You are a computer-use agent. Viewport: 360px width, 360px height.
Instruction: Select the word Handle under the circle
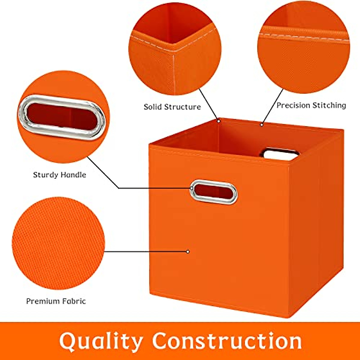tap(73, 175)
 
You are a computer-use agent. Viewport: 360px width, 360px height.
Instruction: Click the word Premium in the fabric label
tap(43, 301)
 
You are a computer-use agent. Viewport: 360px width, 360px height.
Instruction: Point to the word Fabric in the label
tap(74, 301)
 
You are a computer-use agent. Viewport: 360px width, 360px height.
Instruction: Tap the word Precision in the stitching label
tap(293, 105)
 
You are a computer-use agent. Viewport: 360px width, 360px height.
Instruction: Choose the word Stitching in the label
tap(329, 105)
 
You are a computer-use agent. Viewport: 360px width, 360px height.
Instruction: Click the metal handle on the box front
tap(214, 192)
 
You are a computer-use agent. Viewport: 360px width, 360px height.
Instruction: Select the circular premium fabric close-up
tap(58, 243)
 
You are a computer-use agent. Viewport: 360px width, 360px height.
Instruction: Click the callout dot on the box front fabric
tap(188, 251)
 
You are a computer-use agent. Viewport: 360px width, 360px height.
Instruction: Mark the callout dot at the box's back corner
tap(219, 121)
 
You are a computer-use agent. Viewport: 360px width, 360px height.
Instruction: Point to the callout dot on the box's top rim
tap(262, 124)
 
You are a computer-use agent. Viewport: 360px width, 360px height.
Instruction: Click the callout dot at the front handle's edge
tap(191, 188)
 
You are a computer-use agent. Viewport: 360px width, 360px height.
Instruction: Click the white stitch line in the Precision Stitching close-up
tap(303, 37)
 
